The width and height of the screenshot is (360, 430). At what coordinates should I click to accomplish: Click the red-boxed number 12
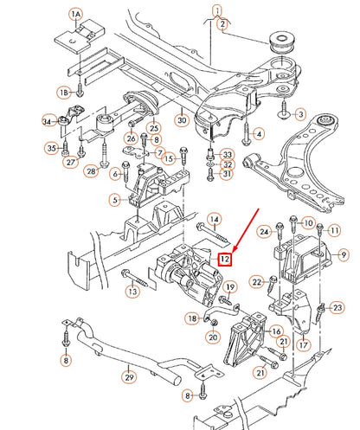click(224, 258)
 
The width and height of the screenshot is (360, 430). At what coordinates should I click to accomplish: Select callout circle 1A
click(76, 16)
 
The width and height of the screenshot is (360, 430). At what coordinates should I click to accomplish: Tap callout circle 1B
click(63, 91)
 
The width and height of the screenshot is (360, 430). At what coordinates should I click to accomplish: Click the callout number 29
click(129, 377)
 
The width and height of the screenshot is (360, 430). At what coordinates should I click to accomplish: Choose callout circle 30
click(181, 119)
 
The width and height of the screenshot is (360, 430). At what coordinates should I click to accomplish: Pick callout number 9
click(343, 254)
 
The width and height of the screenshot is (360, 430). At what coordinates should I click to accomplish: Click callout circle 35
click(51, 149)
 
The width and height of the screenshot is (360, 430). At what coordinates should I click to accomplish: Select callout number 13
click(132, 292)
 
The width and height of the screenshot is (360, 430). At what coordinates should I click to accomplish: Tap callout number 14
click(214, 220)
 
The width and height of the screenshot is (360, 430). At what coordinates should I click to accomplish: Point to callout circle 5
click(114, 201)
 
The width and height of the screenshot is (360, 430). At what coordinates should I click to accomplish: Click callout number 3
click(300, 113)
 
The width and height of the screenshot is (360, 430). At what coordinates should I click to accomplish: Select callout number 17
click(302, 343)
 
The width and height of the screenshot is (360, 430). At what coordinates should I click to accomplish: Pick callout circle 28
click(90, 170)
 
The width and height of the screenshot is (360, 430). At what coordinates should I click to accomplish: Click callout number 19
click(230, 286)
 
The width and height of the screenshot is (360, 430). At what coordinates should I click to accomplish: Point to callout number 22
click(256, 281)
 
